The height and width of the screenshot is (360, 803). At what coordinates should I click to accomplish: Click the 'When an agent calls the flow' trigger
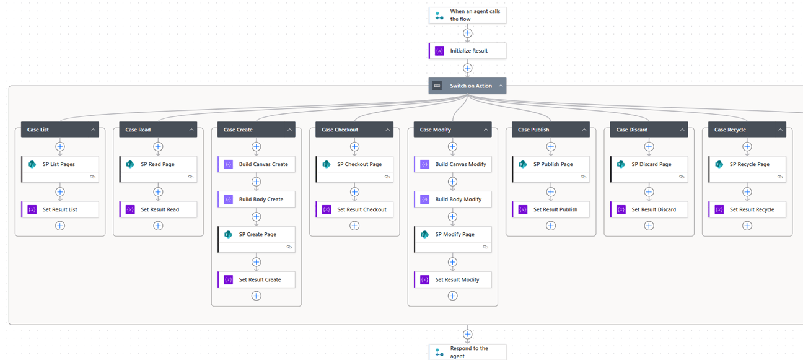[x=467, y=15]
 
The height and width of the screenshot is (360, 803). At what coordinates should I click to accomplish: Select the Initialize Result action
[x=468, y=51]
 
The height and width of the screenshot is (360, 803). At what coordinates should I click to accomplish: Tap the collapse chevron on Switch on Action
[x=501, y=86]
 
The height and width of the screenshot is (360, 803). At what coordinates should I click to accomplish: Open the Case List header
[x=56, y=130]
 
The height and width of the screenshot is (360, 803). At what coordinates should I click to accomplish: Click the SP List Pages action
[x=60, y=165]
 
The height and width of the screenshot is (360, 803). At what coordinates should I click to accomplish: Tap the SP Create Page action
[x=257, y=235]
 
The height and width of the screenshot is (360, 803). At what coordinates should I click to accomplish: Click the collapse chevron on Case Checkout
[x=388, y=130]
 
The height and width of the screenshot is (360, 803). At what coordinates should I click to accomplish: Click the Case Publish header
[x=545, y=130]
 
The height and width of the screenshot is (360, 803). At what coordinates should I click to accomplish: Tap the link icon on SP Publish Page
[x=584, y=177]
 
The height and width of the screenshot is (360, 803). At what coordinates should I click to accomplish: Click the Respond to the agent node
[x=467, y=352]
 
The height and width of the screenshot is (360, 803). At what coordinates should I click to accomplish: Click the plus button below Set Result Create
[x=257, y=296]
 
